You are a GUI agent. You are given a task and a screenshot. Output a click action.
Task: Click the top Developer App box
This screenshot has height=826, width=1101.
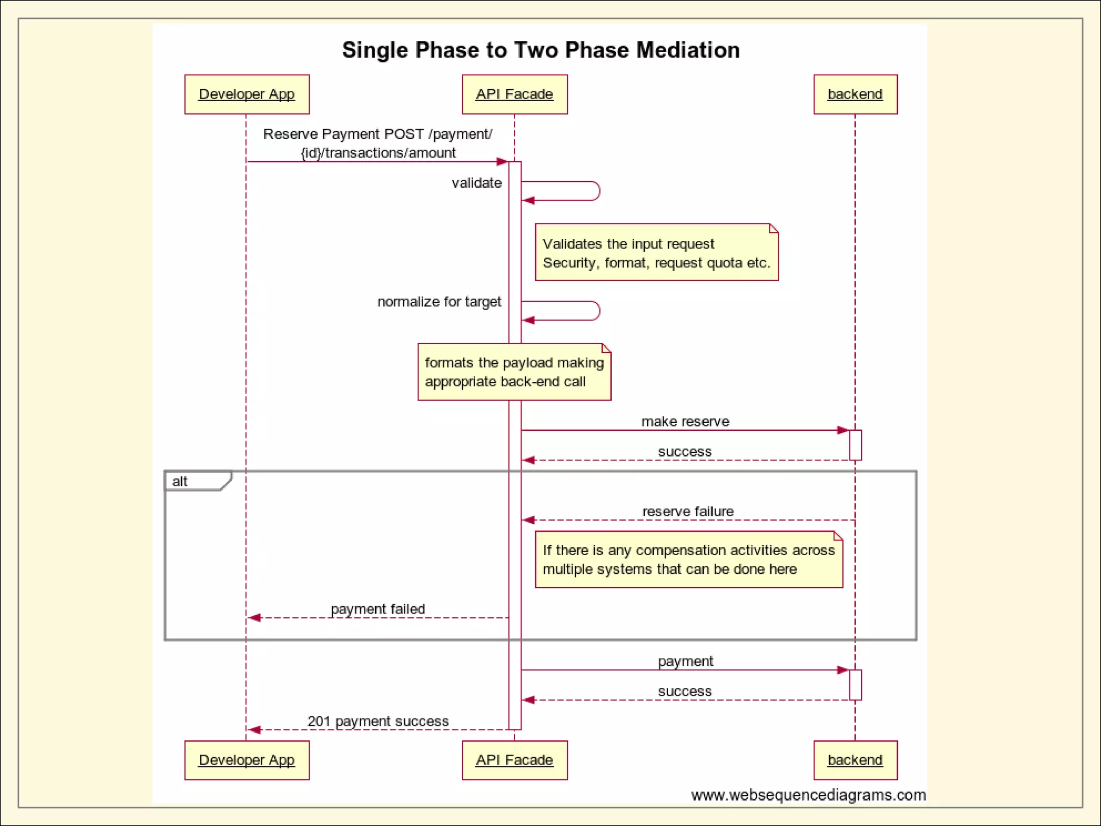click(247, 94)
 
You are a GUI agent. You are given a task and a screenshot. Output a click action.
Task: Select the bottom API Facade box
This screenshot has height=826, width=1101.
click(514, 760)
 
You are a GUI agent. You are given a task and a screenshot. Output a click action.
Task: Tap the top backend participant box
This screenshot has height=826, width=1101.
click(855, 94)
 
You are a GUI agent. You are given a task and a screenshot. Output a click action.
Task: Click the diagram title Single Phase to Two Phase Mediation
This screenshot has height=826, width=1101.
click(541, 50)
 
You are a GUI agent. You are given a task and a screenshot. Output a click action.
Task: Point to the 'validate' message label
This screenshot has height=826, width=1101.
click(476, 183)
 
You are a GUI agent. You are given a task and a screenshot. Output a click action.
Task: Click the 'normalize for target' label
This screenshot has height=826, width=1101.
click(439, 302)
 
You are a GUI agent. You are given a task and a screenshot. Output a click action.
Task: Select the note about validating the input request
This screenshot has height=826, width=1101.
click(656, 253)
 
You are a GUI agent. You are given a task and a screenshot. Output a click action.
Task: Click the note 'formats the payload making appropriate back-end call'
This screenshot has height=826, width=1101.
click(514, 372)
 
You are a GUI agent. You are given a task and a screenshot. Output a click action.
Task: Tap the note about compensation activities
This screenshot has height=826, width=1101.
click(689, 559)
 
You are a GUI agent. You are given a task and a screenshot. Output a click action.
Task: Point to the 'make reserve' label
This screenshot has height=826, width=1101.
click(685, 422)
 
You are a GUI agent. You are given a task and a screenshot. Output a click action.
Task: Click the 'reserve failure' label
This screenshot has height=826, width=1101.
click(688, 511)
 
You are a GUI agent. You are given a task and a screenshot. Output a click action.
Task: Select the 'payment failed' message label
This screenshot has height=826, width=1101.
click(377, 609)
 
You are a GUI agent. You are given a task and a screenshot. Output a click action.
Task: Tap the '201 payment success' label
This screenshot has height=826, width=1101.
click(377, 721)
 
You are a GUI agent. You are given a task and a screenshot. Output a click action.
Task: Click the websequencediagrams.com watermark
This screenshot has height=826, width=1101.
click(808, 795)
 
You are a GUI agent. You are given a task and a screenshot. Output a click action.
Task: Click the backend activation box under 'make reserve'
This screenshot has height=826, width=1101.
click(855, 445)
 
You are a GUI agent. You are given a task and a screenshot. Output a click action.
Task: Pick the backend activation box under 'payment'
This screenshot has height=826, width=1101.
click(855, 685)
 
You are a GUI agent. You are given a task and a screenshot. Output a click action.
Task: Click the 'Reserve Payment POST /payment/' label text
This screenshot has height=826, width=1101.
click(377, 134)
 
